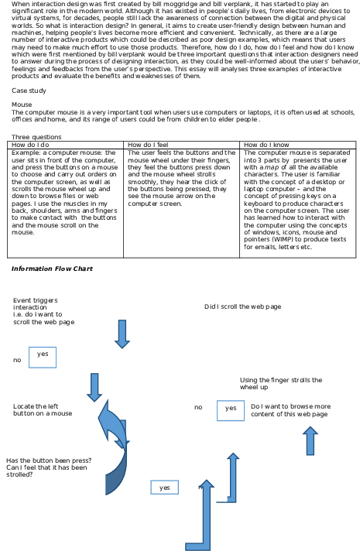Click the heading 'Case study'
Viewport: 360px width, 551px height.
tap(29, 91)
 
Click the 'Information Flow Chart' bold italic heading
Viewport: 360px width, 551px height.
tap(52, 269)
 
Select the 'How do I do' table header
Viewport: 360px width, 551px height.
tap(30, 145)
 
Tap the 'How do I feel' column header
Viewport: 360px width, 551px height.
tap(148, 145)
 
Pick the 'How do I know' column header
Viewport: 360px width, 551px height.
tap(266, 145)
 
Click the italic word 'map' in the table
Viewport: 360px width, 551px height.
tap(272, 168)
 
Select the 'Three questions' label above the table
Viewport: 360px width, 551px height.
tap(36, 137)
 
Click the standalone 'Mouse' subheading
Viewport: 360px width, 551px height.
tap(22, 104)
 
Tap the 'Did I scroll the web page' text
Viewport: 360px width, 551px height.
tap(242, 306)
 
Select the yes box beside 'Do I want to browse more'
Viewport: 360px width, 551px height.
tap(231, 410)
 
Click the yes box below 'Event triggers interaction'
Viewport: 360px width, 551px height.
tap(43, 358)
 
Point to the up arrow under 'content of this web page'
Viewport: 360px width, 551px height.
tap(310, 440)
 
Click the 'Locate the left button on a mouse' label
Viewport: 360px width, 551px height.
tap(43, 410)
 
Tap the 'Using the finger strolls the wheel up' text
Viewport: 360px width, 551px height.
tap(281, 384)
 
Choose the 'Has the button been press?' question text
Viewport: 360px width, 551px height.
tap(49, 460)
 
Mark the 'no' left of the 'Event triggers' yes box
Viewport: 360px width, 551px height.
tap(17, 360)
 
